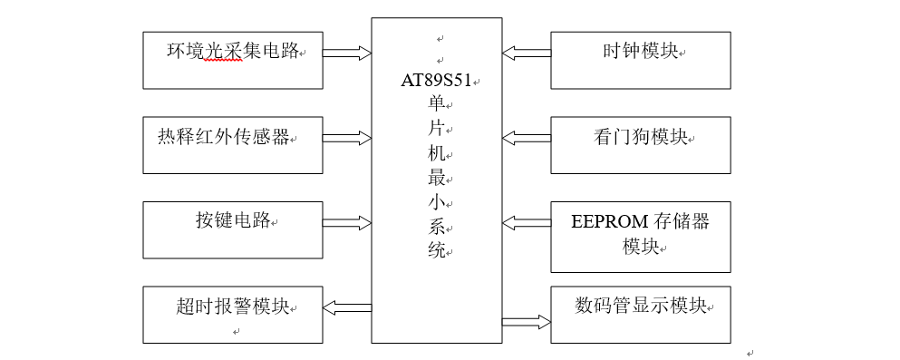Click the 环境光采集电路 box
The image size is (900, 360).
(233, 61)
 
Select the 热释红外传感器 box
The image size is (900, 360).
(233, 145)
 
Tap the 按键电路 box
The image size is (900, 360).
(233, 229)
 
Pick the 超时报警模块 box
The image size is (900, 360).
(233, 314)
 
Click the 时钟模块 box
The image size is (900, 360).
(640, 61)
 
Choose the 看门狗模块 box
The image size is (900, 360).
(640, 145)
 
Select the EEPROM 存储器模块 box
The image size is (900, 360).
(640, 237)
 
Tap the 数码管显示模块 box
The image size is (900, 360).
(640, 314)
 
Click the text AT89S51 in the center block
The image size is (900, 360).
(437, 80)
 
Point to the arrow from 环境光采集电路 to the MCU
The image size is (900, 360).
(347, 53)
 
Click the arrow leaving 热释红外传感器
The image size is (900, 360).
(347, 138)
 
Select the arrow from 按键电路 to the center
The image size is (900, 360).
(347, 222)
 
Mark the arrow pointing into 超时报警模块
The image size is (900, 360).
(347, 307)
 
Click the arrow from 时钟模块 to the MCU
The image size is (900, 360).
(527, 53)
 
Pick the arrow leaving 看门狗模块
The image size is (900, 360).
(527, 138)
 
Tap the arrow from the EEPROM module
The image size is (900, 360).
(527, 222)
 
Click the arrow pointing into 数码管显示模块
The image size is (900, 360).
(527, 321)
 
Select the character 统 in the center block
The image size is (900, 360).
(436, 250)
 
